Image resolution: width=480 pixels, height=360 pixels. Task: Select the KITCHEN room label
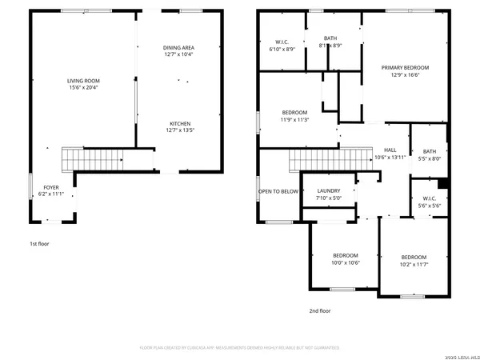[x=179, y=123]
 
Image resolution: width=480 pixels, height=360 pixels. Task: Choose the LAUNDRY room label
[x=329, y=190]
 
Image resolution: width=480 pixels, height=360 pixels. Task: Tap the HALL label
[x=390, y=150]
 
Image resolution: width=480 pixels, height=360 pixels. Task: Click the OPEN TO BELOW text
[x=278, y=192]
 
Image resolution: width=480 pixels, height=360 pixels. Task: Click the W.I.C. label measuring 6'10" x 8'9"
[x=281, y=42]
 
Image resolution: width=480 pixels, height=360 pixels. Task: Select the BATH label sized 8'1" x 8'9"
[x=330, y=38]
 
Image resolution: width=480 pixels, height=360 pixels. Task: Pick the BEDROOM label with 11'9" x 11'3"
[x=295, y=112]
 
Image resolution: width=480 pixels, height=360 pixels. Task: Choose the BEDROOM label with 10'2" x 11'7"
[x=414, y=257]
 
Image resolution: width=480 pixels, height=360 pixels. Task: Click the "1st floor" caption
[x=39, y=243]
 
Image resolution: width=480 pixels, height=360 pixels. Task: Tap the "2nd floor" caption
[x=320, y=310]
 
